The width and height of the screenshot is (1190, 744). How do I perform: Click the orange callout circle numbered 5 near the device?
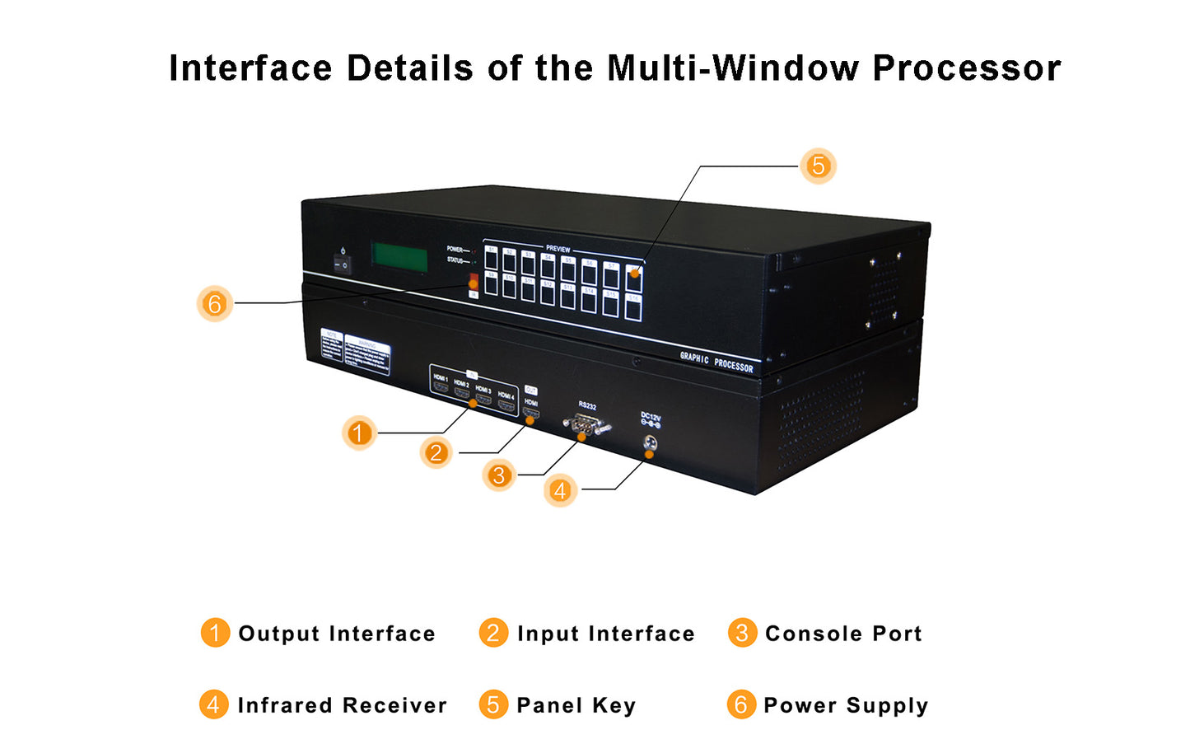[818, 166]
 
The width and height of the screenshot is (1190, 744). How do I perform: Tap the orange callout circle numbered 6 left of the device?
[215, 304]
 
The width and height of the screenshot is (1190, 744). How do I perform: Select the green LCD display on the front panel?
[399, 257]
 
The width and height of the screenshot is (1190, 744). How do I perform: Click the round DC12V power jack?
[650, 443]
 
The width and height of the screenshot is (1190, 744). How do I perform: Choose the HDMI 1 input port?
[441, 385]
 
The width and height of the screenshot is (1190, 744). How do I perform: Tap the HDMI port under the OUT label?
[531, 413]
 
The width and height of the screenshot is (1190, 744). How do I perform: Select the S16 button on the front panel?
[632, 307]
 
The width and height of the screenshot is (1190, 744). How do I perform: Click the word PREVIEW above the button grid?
[558, 248]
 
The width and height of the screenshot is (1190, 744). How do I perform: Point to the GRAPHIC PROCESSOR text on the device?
[716, 362]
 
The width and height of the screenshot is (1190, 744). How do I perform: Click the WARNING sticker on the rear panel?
[367, 354]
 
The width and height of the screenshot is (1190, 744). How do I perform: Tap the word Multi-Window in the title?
[733, 68]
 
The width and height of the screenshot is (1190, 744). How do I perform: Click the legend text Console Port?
[843, 634]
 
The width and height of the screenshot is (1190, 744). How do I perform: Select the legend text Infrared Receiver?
[342, 705]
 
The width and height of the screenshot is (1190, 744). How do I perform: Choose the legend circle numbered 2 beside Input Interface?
[493, 633]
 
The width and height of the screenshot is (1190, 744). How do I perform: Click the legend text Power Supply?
[846, 705]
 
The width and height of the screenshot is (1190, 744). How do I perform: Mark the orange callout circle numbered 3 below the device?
[498, 475]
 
